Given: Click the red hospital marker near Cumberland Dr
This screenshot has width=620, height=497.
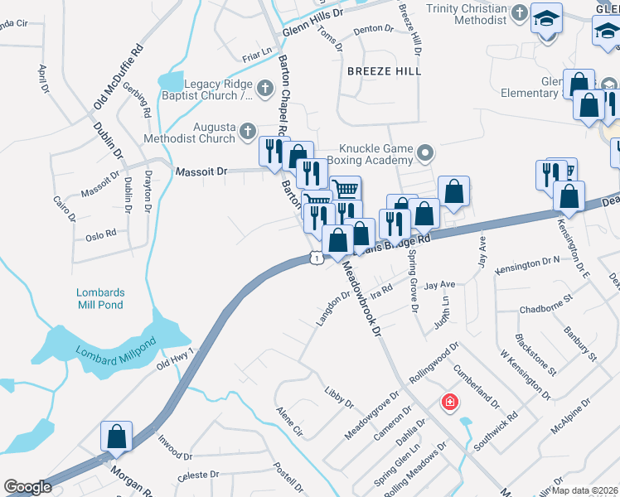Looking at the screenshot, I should click(x=450, y=403).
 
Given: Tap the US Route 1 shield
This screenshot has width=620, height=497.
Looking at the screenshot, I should click(x=317, y=258).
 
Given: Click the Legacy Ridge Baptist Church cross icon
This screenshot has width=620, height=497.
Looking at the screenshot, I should click(x=264, y=87).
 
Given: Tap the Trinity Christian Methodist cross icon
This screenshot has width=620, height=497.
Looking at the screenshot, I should click(x=519, y=12).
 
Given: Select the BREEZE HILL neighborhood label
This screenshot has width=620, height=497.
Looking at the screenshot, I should click(x=385, y=71).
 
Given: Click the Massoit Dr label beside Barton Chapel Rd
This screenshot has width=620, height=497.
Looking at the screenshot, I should click(x=201, y=171).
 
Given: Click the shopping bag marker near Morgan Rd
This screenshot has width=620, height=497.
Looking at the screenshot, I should click(x=117, y=437).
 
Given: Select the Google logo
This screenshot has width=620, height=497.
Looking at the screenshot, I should click(x=28, y=487).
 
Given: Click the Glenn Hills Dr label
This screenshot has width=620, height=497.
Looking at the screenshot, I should click(x=312, y=22).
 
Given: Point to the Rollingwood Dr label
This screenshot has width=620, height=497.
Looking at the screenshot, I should click(x=433, y=361).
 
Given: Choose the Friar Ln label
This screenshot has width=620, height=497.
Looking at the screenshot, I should click(x=257, y=54).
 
